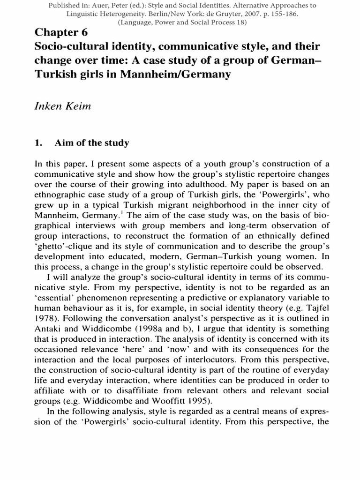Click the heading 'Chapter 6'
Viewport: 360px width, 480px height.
pos(61,33)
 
